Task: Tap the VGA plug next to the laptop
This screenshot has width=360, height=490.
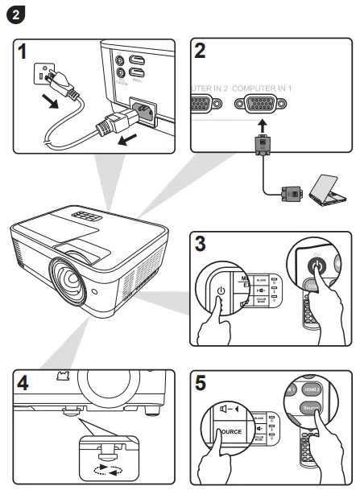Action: (x=291, y=192)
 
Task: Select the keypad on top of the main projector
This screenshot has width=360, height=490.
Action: (x=88, y=216)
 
